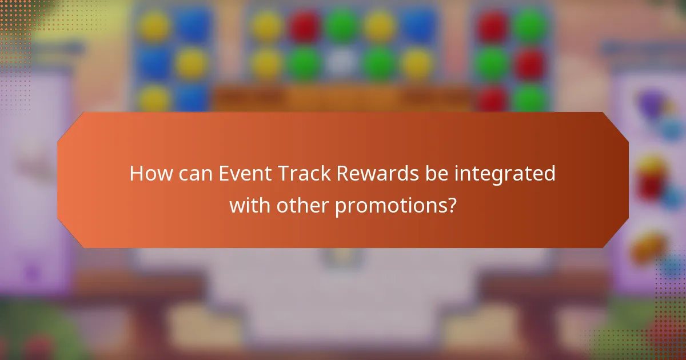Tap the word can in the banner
point(195,174)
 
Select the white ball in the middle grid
point(341,63)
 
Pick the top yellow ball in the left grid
point(154,26)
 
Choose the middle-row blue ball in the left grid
point(154,63)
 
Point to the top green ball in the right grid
point(531,26)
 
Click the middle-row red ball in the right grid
point(531,63)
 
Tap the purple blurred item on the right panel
point(652,106)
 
